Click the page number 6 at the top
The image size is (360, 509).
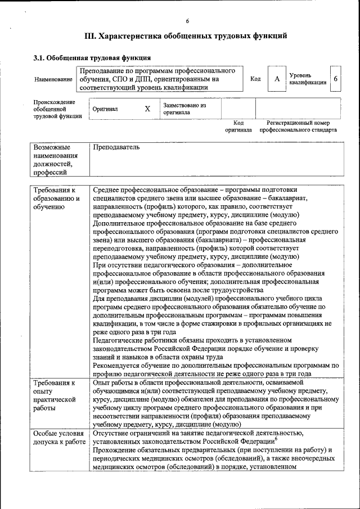pyautogui.click(x=187, y=21)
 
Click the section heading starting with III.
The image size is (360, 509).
pyautogui.click(x=186, y=36)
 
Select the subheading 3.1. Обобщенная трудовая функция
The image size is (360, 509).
pyautogui.click(x=92, y=57)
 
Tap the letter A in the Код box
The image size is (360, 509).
pyautogui.click(x=277, y=79)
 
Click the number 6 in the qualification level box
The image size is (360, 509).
pyautogui.click(x=335, y=79)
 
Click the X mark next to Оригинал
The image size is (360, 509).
pyautogui.click(x=147, y=109)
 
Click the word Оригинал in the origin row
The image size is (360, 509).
pyautogui.click(x=105, y=109)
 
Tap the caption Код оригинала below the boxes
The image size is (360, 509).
pyautogui.click(x=238, y=126)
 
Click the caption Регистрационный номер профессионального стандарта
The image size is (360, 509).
pyautogui.click(x=298, y=126)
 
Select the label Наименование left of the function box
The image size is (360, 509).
pyautogui.click(x=53, y=80)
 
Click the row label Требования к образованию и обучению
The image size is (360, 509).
pyautogui.click(x=56, y=199)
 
